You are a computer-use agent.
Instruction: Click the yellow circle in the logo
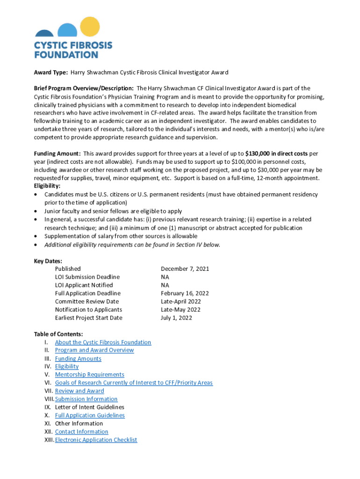(x=90, y=27)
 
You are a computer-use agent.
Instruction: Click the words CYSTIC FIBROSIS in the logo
(x=73, y=45)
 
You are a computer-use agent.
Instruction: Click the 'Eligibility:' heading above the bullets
(x=47, y=186)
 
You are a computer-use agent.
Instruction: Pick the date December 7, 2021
(x=185, y=269)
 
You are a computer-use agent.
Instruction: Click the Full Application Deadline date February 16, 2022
(x=185, y=293)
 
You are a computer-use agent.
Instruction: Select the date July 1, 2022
(x=176, y=318)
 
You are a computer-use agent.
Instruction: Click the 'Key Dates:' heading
(x=48, y=261)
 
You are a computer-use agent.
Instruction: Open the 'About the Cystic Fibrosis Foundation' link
(x=103, y=342)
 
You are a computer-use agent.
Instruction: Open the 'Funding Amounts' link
(x=78, y=358)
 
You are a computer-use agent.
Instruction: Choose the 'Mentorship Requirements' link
(x=89, y=374)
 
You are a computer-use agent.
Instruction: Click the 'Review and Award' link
(x=79, y=391)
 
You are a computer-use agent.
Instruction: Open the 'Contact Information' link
(x=81, y=431)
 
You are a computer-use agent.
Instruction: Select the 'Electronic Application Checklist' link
(x=96, y=440)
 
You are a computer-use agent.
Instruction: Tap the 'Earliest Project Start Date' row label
(x=88, y=318)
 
